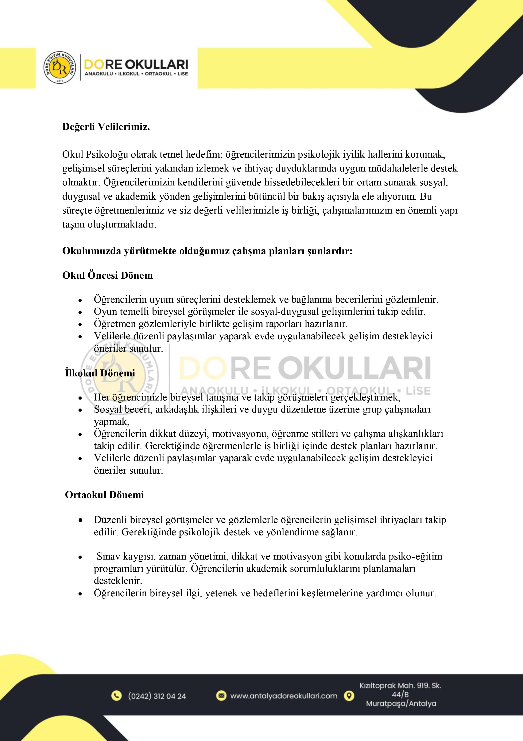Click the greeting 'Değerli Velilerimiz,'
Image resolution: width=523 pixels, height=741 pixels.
point(106,127)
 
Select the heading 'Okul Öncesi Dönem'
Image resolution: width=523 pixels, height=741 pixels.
point(107,275)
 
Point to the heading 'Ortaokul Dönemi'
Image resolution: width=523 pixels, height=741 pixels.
point(104,495)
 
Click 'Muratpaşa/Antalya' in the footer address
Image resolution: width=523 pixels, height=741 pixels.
point(401,704)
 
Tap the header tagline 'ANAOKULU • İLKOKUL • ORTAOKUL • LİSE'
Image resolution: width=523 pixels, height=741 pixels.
point(136,74)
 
